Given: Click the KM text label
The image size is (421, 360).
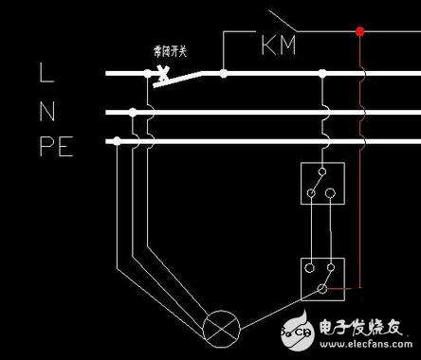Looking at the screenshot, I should click(x=277, y=45).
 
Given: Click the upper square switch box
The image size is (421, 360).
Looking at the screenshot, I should click(x=320, y=184).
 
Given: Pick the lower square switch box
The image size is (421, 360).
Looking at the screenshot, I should click(x=320, y=276).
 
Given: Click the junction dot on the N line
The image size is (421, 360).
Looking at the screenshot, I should click(x=134, y=113).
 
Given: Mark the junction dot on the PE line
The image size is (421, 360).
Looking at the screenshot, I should click(x=117, y=141).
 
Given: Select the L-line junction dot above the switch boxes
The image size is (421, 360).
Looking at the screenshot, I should click(x=323, y=72).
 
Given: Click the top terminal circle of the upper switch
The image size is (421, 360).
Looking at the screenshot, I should click(x=320, y=171).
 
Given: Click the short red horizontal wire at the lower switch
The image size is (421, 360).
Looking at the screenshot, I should click(x=345, y=286).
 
